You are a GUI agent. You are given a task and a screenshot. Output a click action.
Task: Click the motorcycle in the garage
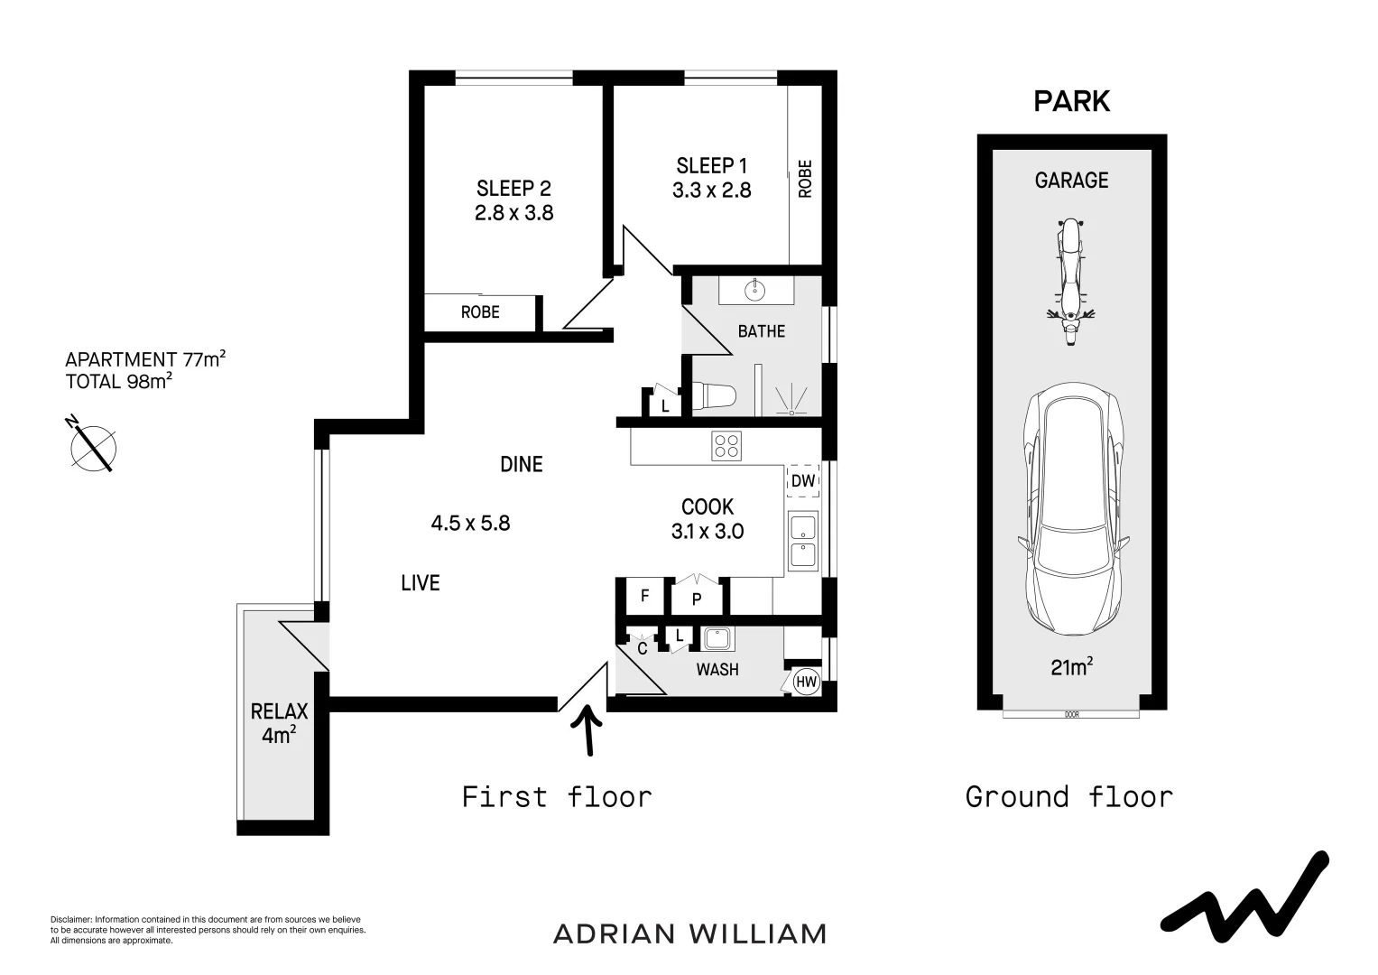click(x=1070, y=281)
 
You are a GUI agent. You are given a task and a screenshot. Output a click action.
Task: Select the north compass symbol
click(x=93, y=445)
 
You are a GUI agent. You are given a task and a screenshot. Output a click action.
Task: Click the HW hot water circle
click(x=806, y=682)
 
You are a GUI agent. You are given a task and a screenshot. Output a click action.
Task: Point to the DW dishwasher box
click(x=802, y=481)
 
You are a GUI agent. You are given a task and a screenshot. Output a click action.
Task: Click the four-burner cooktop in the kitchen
click(x=726, y=446)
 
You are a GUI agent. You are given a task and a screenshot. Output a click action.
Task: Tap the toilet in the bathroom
click(x=715, y=396)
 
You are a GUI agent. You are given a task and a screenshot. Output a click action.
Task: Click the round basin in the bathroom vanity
click(x=754, y=290)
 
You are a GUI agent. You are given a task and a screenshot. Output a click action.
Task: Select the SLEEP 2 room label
click(x=513, y=189)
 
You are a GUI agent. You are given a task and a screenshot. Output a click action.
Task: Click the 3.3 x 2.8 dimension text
click(x=711, y=190)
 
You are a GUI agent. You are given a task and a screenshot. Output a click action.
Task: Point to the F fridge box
click(x=644, y=596)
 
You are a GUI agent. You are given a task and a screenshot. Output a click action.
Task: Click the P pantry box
click(x=697, y=598)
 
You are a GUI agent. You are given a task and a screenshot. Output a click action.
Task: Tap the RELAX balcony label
click(x=279, y=711)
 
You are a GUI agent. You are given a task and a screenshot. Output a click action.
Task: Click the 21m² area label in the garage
click(x=1071, y=667)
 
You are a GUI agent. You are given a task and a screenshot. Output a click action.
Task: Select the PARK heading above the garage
click(x=1071, y=101)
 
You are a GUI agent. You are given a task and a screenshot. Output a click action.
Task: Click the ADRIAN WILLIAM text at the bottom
click(x=689, y=933)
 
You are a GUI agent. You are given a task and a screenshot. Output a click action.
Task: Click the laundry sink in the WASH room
click(x=718, y=638)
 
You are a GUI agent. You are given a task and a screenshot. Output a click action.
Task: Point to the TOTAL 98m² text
click(x=118, y=381)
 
